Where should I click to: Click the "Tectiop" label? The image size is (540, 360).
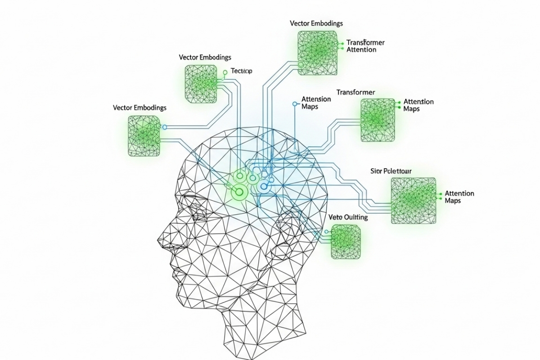click(242, 71)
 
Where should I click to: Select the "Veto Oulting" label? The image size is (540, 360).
click(348, 217)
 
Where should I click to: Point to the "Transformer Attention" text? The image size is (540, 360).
click(365, 46)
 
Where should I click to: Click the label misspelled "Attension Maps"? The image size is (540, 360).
click(316, 103)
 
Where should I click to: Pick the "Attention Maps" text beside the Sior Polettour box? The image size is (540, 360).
click(459, 197)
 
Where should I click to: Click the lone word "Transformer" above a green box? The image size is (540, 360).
click(355, 92)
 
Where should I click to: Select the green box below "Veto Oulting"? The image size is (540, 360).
click(346, 242)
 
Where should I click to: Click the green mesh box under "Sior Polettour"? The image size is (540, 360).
click(413, 200)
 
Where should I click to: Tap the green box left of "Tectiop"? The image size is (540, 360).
click(200, 84)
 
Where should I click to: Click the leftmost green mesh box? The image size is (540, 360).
click(144, 136)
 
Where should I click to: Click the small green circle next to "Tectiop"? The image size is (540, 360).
click(225, 72)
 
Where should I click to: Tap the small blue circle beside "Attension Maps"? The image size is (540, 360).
click(295, 104)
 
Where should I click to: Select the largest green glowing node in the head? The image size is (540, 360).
click(239, 192)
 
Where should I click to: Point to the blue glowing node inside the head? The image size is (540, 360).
click(264, 185)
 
